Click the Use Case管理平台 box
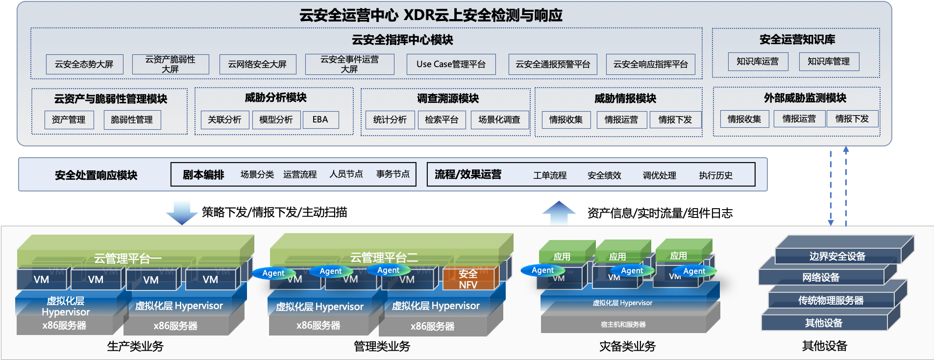pos(451,64)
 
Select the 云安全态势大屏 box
pos(84,64)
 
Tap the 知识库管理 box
pos(829,61)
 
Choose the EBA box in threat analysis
pos(320,120)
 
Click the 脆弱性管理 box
pos(132,120)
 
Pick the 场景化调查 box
pos(499,120)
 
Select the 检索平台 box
pos(441,120)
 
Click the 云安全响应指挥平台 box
pos(650,64)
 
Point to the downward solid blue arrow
pos(182,212)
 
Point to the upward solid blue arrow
pos(559,213)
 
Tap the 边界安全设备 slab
pos(837,256)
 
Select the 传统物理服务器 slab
pos(831,300)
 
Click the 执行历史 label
pos(715,175)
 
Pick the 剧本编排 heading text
pos(203,175)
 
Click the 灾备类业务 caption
pos(627,346)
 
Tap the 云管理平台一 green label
pos(128,258)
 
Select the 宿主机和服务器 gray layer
pos(623,324)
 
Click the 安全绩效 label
pos(604,175)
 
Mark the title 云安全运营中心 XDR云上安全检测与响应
pos(431,15)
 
